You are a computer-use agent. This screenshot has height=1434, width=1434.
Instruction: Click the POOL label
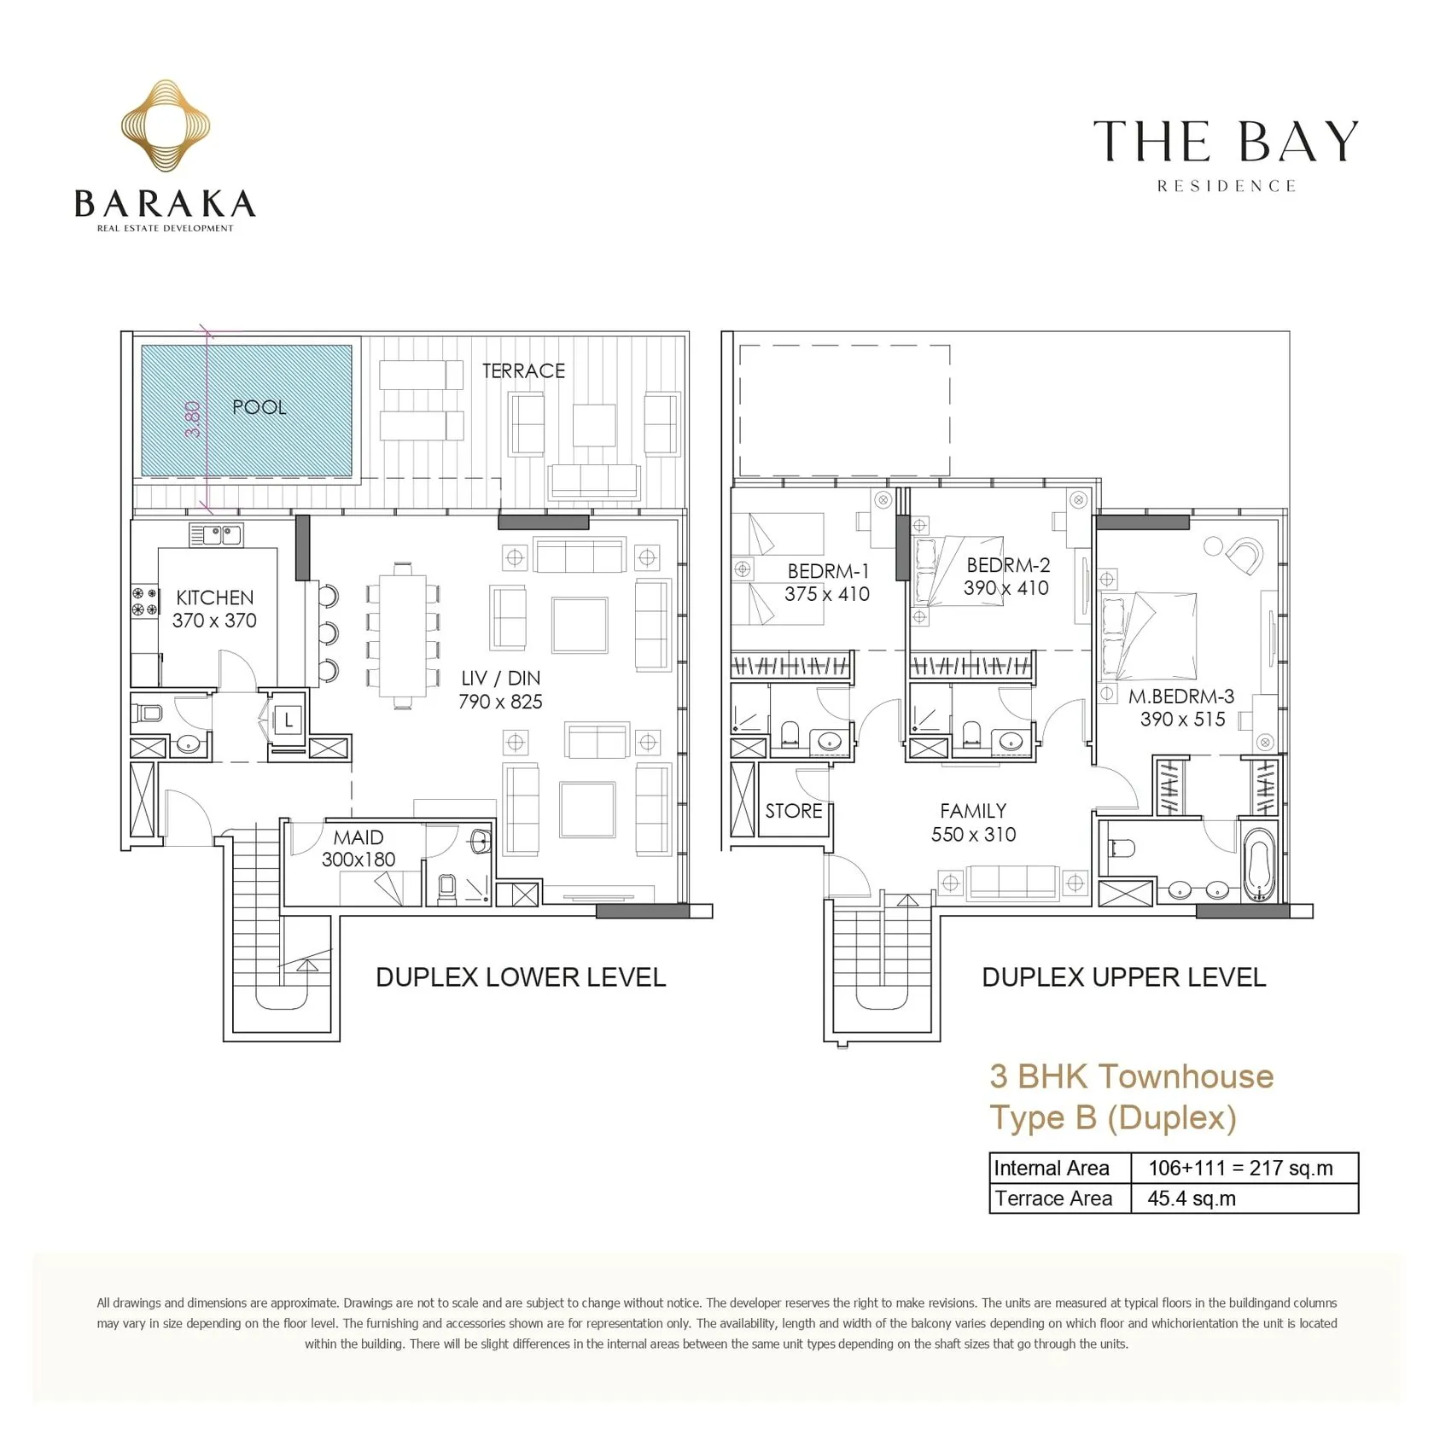click(259, 407)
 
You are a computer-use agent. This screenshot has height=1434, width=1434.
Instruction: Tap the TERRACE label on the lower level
click(523, 371)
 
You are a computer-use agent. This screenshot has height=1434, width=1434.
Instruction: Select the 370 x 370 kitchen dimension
click(214, 621)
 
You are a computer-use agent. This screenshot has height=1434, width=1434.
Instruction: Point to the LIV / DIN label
click(500, 678)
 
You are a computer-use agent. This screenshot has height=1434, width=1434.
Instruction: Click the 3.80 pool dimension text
click(194, 419)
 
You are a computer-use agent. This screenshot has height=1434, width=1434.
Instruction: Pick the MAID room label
click(358, 837)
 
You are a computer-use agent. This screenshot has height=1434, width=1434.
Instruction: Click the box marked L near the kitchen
click(289, 720)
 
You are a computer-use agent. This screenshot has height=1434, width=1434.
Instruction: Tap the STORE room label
click(794, 811)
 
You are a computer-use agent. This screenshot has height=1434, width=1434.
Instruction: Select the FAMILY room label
click(973, 811)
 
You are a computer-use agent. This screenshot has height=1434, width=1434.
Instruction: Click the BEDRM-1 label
click(828, 571)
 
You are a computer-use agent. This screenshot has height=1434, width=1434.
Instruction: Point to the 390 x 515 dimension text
click(1182, 720)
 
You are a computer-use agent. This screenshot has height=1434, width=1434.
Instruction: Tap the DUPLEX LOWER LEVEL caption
click(521, 977)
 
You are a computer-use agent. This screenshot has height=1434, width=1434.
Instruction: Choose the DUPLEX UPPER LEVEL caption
click(1124, 977)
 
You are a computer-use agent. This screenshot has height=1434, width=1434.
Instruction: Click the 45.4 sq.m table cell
click(1192, 1198)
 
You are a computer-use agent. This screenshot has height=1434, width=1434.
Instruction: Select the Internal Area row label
click(1052, 1169)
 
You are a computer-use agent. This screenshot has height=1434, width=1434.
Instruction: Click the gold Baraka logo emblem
click(165, 126)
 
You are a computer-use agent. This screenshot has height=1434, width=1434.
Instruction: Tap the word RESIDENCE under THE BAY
click(1227, 186)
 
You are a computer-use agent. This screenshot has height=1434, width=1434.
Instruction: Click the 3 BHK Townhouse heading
click(1131, 1076)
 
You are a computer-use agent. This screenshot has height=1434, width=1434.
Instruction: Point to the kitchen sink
click(216, 535)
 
